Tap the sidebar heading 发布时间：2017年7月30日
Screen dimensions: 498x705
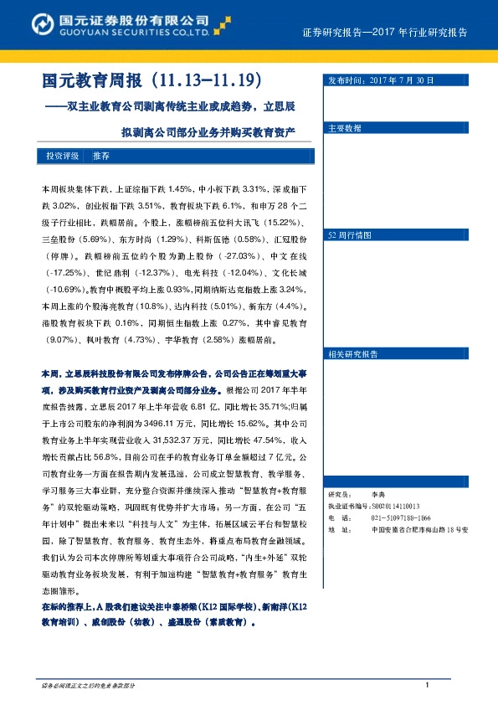pos(381,80)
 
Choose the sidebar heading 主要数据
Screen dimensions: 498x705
pos(345,129)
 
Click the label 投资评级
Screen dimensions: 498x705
pos(62,157)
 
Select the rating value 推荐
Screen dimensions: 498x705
pos(100,157)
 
